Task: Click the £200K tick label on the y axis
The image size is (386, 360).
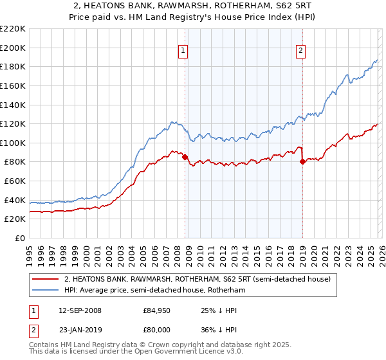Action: (13, 48)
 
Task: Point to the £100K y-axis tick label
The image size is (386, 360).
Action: (13, 143)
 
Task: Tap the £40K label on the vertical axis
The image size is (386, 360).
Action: (15, 200)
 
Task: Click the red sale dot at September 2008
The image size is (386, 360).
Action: (185, 157)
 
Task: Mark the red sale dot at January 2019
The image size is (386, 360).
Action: (302, 162)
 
